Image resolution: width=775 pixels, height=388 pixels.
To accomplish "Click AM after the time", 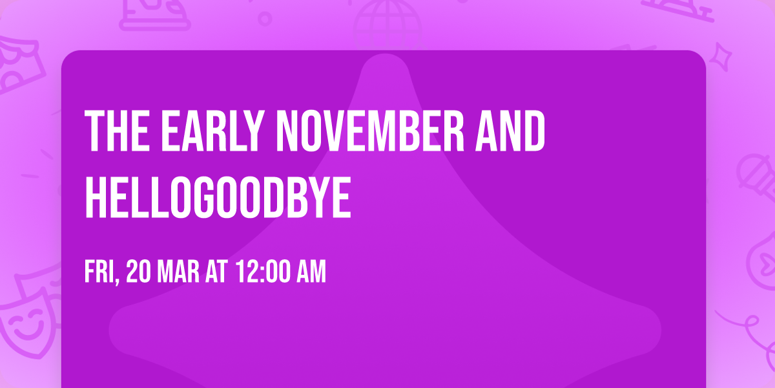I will click(313, 272).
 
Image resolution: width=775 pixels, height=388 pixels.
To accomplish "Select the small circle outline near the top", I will click(264, 18).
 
